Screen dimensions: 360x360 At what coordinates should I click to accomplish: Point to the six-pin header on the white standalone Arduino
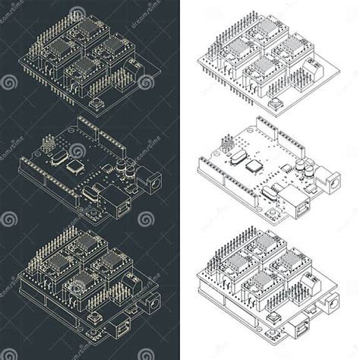coord(228,144)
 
